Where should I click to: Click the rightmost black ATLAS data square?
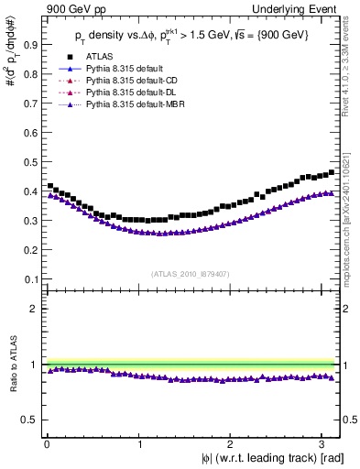point(331,171)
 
